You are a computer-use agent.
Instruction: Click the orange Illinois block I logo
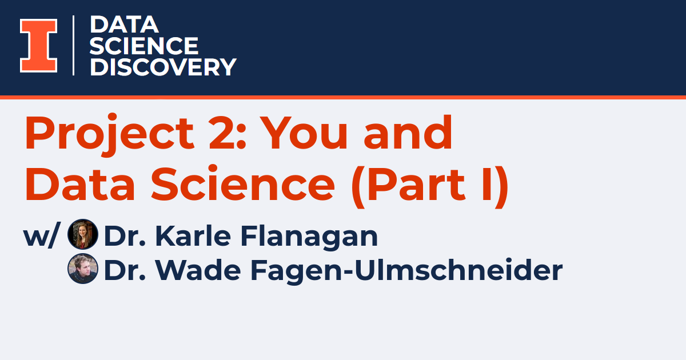click(38, 46)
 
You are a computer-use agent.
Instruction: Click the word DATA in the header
click(124, 25)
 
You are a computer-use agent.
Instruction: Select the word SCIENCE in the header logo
click(144, 46)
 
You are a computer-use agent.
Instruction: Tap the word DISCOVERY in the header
click(163, 67)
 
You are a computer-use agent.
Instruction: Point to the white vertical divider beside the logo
click(74, 45)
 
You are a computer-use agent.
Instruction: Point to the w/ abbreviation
click(41, 236)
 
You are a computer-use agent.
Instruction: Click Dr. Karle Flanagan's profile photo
click(83, 235)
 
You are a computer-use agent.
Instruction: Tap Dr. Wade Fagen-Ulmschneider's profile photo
click(83, 269)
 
